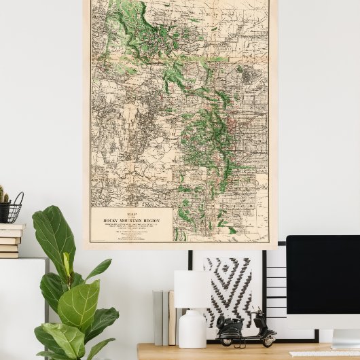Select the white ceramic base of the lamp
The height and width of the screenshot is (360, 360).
tap(192, 329)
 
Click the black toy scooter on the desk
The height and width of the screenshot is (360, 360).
tap(245, 329)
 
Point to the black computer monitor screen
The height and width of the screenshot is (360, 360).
tap(323, 272)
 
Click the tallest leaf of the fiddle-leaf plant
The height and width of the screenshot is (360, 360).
tap(53, 234)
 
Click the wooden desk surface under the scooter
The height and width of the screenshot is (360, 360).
tap(204, 352)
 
